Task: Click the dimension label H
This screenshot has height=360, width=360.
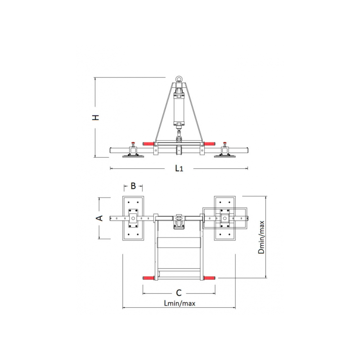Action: pos(95,117)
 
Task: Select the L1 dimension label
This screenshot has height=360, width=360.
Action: pos(179,168)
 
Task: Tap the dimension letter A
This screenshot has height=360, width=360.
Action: pos(99,218)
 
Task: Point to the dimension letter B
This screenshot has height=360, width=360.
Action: pos(133,186)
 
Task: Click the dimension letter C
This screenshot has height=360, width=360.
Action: pos(179,293)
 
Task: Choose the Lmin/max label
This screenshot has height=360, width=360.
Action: pos(180,303)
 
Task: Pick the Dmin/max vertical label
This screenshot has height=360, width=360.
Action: pos(261,237)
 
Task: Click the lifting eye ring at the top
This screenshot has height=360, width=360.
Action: pos(179,80)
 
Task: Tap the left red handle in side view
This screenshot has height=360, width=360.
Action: pos(148,144)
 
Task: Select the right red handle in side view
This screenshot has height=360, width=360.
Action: pos(209,144)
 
